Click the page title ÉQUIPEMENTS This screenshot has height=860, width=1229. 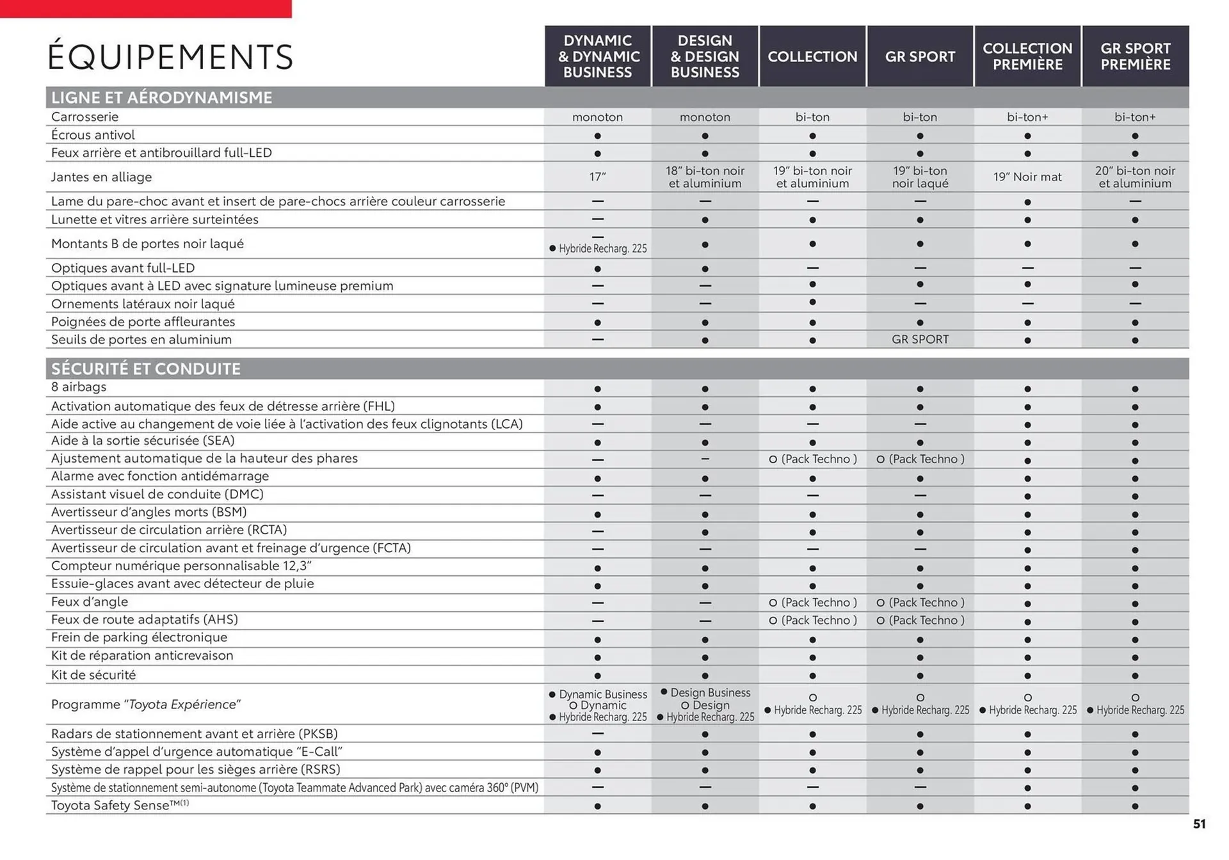[170, 57]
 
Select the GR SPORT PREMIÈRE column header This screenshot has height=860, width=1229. [1135, 56]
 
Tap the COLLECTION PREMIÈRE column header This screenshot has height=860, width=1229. [1027, 56]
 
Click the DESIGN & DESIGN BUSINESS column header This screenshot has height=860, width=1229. [705, 56]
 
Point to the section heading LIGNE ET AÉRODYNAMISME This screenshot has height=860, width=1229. [161, 97]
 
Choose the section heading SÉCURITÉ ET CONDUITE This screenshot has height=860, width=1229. [146, 369]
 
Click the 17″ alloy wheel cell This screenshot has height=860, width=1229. [597, 177]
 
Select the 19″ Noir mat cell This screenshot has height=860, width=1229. [1027, 177]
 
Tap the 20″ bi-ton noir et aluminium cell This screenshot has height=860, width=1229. [1135, 177]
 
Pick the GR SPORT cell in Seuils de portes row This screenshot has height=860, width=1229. [920, 339]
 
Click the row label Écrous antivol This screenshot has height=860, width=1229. [93, 135]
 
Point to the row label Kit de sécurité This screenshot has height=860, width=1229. [93, 674]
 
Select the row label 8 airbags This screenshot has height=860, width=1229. [79, 386]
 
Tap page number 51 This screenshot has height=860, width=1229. [1199, 824]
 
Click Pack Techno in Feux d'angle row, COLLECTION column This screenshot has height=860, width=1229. [813, 602]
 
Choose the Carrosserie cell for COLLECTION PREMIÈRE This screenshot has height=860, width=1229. [1027, 117]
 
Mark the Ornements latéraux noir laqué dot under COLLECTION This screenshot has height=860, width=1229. [812, 302]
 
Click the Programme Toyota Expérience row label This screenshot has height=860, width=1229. [146, 704]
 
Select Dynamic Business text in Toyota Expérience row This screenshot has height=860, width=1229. [602, 694]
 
